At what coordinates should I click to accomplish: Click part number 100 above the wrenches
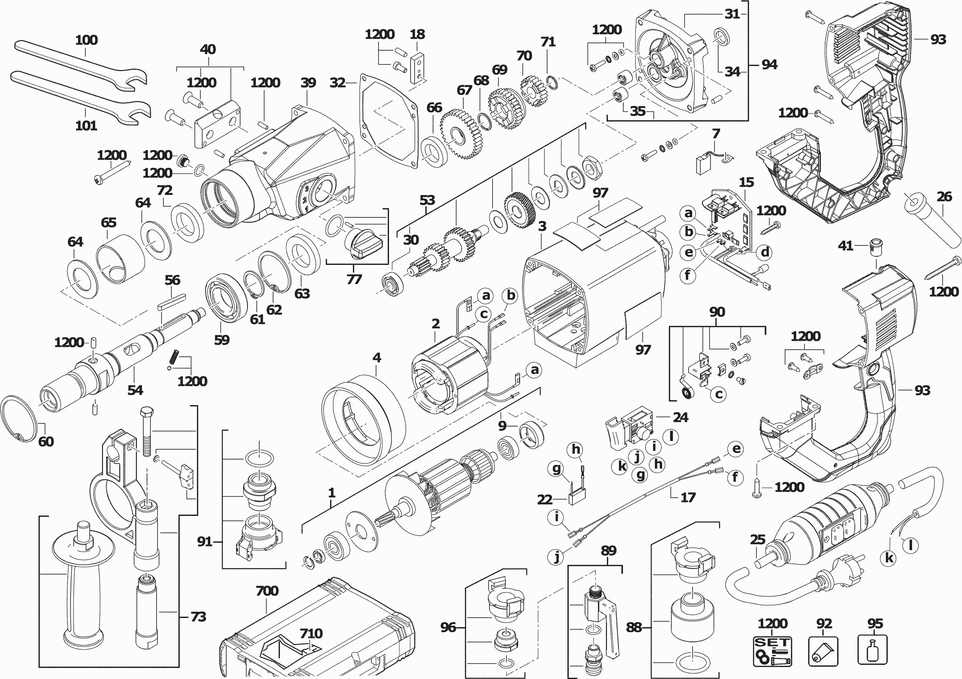pyautogui.click(x=86, y=40)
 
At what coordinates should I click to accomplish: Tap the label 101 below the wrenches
pyautogui.click(x=86, y=125)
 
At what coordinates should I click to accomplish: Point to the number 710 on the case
pyautogui.click(x=311, y=633)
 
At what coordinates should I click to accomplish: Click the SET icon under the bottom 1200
pyautogui.click(x=772, y=651)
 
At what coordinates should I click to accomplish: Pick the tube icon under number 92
pyautogui.click(x=823, y=651)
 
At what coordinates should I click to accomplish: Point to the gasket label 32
pyautogui.click(x=337, y=83)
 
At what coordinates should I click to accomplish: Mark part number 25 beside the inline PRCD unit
pyautogui.click(x=757, y=539)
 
